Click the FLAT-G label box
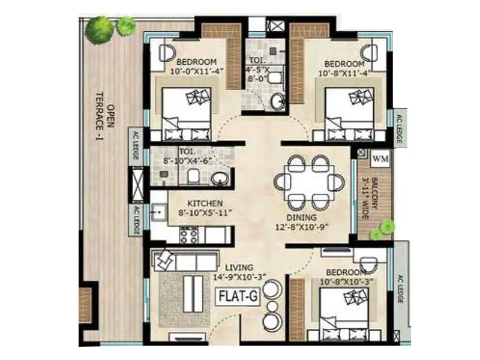coord(239,296)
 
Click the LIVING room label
coord(239,266)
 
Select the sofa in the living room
coord(187,260)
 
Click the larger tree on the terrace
coord(99,29)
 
